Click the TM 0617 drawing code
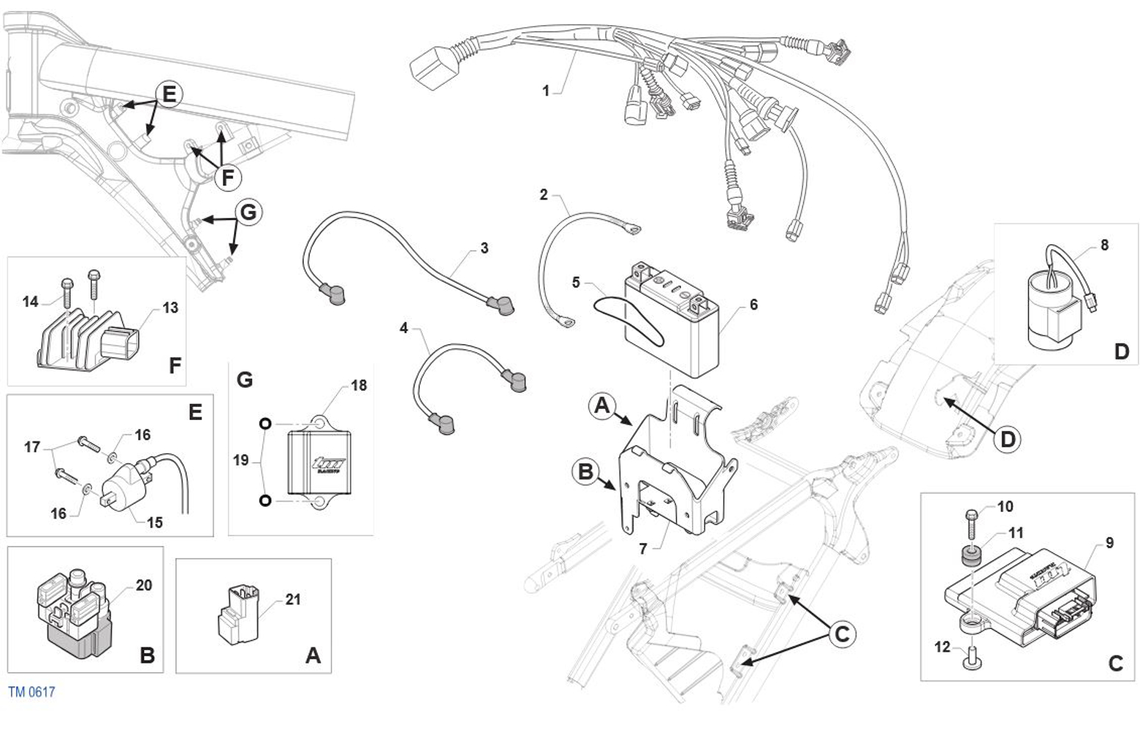pos(32,692)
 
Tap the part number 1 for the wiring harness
pos(546,91)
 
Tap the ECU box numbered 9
pos(1020,596)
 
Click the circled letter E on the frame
pos(169,94)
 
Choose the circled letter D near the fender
pos(1008,439)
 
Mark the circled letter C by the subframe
pos(842,634)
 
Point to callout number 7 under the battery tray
pos(644,548)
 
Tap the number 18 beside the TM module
pos(359,386)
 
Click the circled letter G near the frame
pos(249,212)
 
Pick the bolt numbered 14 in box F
pos(67,291)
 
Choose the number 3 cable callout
pos(485,248)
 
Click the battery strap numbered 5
pos(629,320)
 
